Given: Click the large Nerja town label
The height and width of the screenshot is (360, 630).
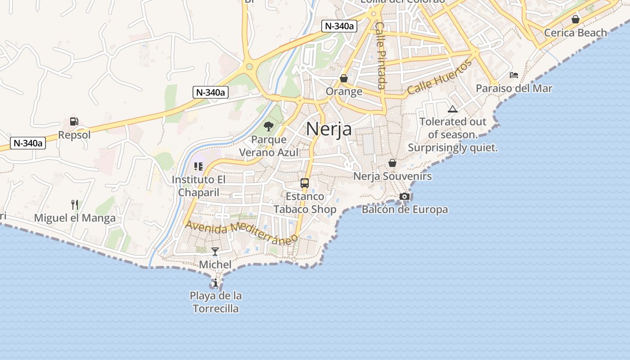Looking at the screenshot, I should [x=329, y=129].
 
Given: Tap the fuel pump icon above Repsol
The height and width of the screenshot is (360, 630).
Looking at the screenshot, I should [x=74, y=121].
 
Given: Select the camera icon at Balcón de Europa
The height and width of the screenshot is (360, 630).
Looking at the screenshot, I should [x=405, y=196].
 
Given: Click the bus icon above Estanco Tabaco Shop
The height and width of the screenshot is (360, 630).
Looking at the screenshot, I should [x=305, y=183].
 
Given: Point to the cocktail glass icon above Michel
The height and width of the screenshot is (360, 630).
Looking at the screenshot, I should [x=215, y=251].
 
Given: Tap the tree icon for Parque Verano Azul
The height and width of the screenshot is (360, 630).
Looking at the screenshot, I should [x=269, y=126].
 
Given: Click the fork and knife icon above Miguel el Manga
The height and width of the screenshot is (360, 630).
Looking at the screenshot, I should [x=75, y=205].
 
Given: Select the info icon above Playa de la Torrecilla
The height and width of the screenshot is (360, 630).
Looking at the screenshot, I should [x=216, y=283].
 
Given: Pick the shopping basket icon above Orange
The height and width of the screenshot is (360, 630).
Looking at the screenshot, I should [x=344, y=78].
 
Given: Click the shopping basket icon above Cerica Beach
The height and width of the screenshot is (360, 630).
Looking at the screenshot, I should [x=575, y=19].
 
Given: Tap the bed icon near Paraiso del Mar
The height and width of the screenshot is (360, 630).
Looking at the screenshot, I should [x=514, y=75].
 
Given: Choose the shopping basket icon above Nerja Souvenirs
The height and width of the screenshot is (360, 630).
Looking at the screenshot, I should [x=392, y=163].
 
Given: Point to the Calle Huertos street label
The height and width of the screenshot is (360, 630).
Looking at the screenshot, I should [x=440, y=77].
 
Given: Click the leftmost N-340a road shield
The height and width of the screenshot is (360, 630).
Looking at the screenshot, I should [x=28, y=144].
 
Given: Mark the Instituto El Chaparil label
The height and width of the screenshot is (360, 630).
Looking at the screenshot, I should [x=198, y=186].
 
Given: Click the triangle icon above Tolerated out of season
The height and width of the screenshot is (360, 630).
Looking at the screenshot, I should [x=452, y=109].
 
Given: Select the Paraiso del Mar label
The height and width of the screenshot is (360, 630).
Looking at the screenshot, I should [x=514, y=88].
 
